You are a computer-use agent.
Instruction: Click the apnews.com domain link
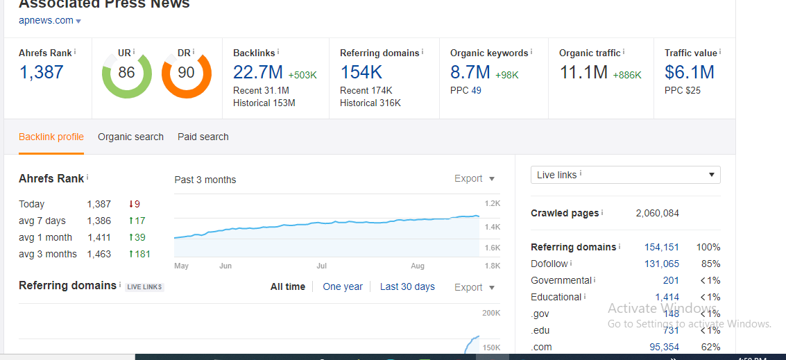[x=46, y=20]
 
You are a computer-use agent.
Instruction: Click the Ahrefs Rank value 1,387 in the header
[x=41, y=72]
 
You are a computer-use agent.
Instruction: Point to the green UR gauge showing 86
[x=126, y=73]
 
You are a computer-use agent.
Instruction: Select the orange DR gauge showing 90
[x=186, y=73]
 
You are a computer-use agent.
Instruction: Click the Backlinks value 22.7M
[x=257, y=72]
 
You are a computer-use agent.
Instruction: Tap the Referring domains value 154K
[x=361, y=72]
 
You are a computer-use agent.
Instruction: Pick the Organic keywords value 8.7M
[x=470, y=72]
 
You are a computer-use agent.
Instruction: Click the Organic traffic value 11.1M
[x=583, y=72]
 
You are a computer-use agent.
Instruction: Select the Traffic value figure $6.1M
[x=689, y=72]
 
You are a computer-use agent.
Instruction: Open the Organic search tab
[x=130, y=137]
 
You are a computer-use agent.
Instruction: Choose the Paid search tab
[x=203, y=137]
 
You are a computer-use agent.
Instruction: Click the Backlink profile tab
[x=51, y=137]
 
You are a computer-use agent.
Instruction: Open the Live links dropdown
[x=625, y=175]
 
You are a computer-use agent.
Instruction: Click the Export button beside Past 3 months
[x=475, y=179]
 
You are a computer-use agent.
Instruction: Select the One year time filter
[x=343, y=286]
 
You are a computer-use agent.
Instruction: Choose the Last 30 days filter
[x=407, y=286]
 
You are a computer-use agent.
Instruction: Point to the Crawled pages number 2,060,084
[x=657, y=213]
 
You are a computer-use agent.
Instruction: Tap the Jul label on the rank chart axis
[x=321, y=266]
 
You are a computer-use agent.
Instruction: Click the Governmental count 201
[x=671, y=280]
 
